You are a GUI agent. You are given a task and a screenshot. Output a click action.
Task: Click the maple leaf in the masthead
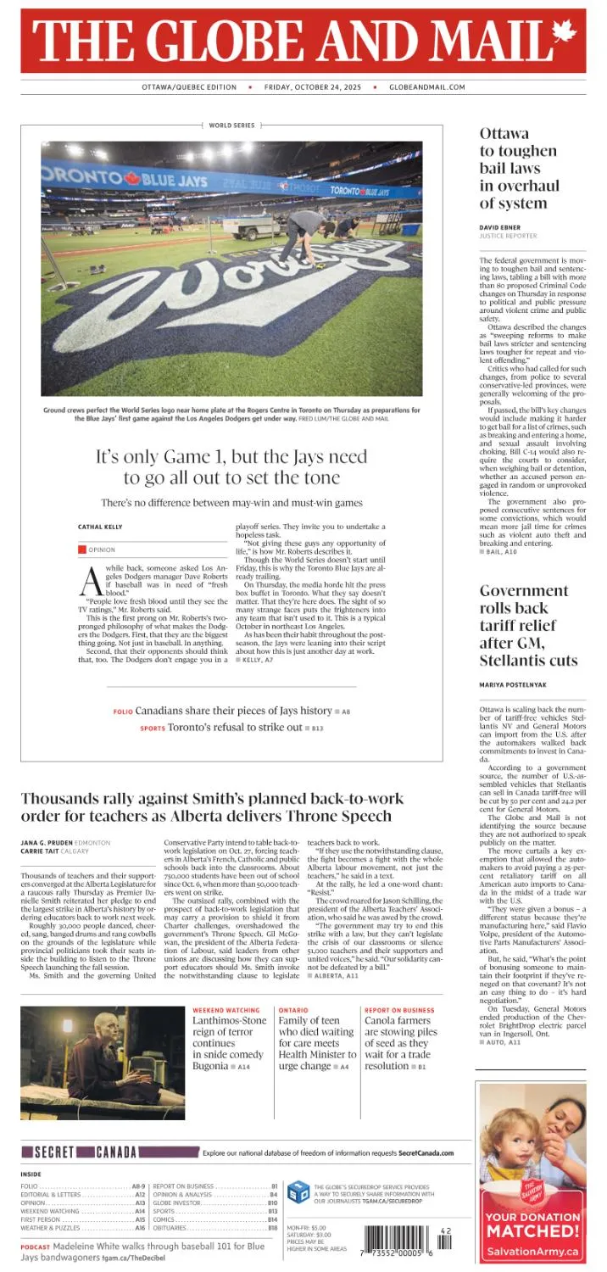(563, 33)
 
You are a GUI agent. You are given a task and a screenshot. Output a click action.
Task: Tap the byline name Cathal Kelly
(100, 527)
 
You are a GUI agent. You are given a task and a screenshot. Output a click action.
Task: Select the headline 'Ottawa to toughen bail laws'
(518, 168)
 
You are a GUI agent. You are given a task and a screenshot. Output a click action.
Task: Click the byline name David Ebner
(501, 227)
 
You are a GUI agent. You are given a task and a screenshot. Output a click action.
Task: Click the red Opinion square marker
(82, 550)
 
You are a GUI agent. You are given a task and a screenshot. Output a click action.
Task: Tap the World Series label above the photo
(231, 126)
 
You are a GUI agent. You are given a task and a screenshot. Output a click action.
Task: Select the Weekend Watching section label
(226, 1010)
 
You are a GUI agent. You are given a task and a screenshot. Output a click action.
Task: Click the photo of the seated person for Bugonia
(103, 1063)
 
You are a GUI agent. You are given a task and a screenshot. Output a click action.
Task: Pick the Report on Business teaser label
(399, 1010)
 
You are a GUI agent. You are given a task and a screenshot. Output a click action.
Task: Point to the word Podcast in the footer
(35, 1247)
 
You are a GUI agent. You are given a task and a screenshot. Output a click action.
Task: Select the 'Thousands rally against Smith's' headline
(206, 806)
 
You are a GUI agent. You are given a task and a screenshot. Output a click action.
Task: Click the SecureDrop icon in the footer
(298, 1191)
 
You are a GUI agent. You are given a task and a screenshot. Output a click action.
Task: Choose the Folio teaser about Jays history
(231, 711)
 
